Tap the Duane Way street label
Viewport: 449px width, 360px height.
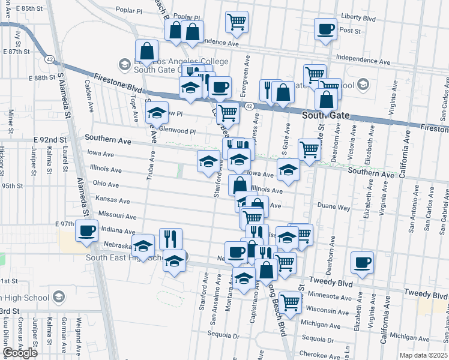tap(334, 207)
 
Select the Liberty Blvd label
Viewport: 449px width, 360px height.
tap(375, 19)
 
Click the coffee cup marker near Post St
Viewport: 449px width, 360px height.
tap(326, 29)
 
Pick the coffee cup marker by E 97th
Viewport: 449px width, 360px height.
tap(86, 230)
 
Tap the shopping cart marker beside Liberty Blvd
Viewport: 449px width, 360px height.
tap(237, 22)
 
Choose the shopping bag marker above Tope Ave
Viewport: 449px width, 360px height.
tap(147, 52)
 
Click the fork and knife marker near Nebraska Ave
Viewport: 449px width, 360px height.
tap(170, 239)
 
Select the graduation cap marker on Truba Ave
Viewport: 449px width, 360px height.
tap(157, 113)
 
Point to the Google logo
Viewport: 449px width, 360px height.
tap(20, 353)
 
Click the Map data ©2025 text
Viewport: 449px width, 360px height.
tap(423, 355)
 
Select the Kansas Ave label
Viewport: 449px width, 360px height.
tap(112, 199)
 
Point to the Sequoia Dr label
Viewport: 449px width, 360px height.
tap(224, 335)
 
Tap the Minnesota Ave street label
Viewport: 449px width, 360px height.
tap(329, 297)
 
